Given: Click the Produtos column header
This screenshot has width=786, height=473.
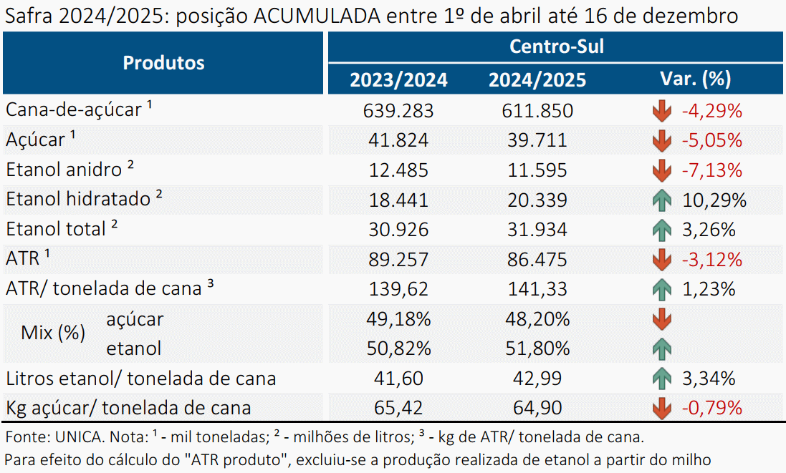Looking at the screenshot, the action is [163, 63].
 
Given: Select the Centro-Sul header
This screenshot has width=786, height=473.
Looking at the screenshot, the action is [557, 47].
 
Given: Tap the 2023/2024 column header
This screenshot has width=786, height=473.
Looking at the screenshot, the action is [398, 80].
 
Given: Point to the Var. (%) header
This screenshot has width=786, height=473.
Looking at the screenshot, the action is [695, 79].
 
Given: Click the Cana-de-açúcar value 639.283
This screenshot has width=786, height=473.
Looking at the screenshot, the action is [398, 111].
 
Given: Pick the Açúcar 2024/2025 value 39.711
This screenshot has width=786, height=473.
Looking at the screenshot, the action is [537, 140].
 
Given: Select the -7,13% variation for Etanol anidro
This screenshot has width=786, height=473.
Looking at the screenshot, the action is [711, 170].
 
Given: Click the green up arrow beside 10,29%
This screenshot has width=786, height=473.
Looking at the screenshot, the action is [661, 200].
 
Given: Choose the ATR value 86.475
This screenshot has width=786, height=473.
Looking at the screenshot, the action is [537, 259].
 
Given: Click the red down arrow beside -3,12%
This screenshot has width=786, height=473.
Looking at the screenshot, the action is [661, 260].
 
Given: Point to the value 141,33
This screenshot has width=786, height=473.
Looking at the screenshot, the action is [537, 289].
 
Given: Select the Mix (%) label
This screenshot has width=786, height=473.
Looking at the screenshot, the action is [53, 332].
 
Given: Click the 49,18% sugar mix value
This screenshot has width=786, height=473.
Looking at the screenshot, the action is [398, 319].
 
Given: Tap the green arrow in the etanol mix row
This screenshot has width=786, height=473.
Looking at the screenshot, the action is [661, 349].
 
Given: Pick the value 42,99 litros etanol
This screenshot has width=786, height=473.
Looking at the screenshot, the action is [537, 379].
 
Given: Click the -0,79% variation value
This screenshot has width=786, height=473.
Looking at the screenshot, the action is [711, 408].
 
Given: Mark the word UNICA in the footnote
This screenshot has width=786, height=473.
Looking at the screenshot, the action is [77, 437].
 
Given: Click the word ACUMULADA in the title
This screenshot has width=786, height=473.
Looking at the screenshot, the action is [317, 16].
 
